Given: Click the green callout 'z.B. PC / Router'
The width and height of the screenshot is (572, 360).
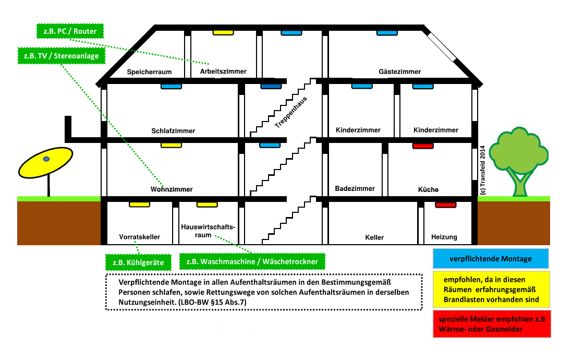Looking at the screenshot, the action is pos(70,31).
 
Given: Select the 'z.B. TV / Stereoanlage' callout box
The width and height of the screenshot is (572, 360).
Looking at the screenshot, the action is pos(62,55).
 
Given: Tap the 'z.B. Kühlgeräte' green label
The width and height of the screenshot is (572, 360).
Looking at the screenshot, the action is pos(138,262).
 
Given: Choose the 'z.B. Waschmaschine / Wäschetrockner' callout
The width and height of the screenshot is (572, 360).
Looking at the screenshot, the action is pos(252,261).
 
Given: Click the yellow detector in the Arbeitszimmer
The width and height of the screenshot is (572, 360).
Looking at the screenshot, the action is pos(223,33).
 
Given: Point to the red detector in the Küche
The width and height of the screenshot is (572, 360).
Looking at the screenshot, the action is pos(423,146).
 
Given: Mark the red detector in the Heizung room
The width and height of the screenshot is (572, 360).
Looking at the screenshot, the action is pos(445,205).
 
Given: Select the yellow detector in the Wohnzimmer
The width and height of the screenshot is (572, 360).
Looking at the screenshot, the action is pos(171,146).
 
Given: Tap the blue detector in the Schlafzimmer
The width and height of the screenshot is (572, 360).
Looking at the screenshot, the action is pos(171,87).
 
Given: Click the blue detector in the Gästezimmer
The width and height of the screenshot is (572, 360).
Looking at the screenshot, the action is pos(387,33).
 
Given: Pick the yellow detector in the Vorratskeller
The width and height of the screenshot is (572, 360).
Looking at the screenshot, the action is pos(139,205).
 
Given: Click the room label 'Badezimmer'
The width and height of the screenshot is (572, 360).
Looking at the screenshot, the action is pos(355,188).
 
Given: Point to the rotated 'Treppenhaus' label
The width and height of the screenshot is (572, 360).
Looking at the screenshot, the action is pos(291,112).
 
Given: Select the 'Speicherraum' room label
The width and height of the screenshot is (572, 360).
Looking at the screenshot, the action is pos(149,72).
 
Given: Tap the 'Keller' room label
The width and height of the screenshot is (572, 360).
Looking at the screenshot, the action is pos(374,237).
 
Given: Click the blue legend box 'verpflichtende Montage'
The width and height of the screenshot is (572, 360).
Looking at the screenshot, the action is pos(491,258).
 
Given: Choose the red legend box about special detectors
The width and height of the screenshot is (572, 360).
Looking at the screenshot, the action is pos(492,324).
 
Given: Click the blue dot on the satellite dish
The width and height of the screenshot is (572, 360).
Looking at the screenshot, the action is pos(46,159).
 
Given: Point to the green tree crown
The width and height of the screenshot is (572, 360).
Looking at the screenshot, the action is pos(518,149).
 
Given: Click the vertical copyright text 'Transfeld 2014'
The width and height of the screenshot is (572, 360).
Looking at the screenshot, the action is pos(483,170).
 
